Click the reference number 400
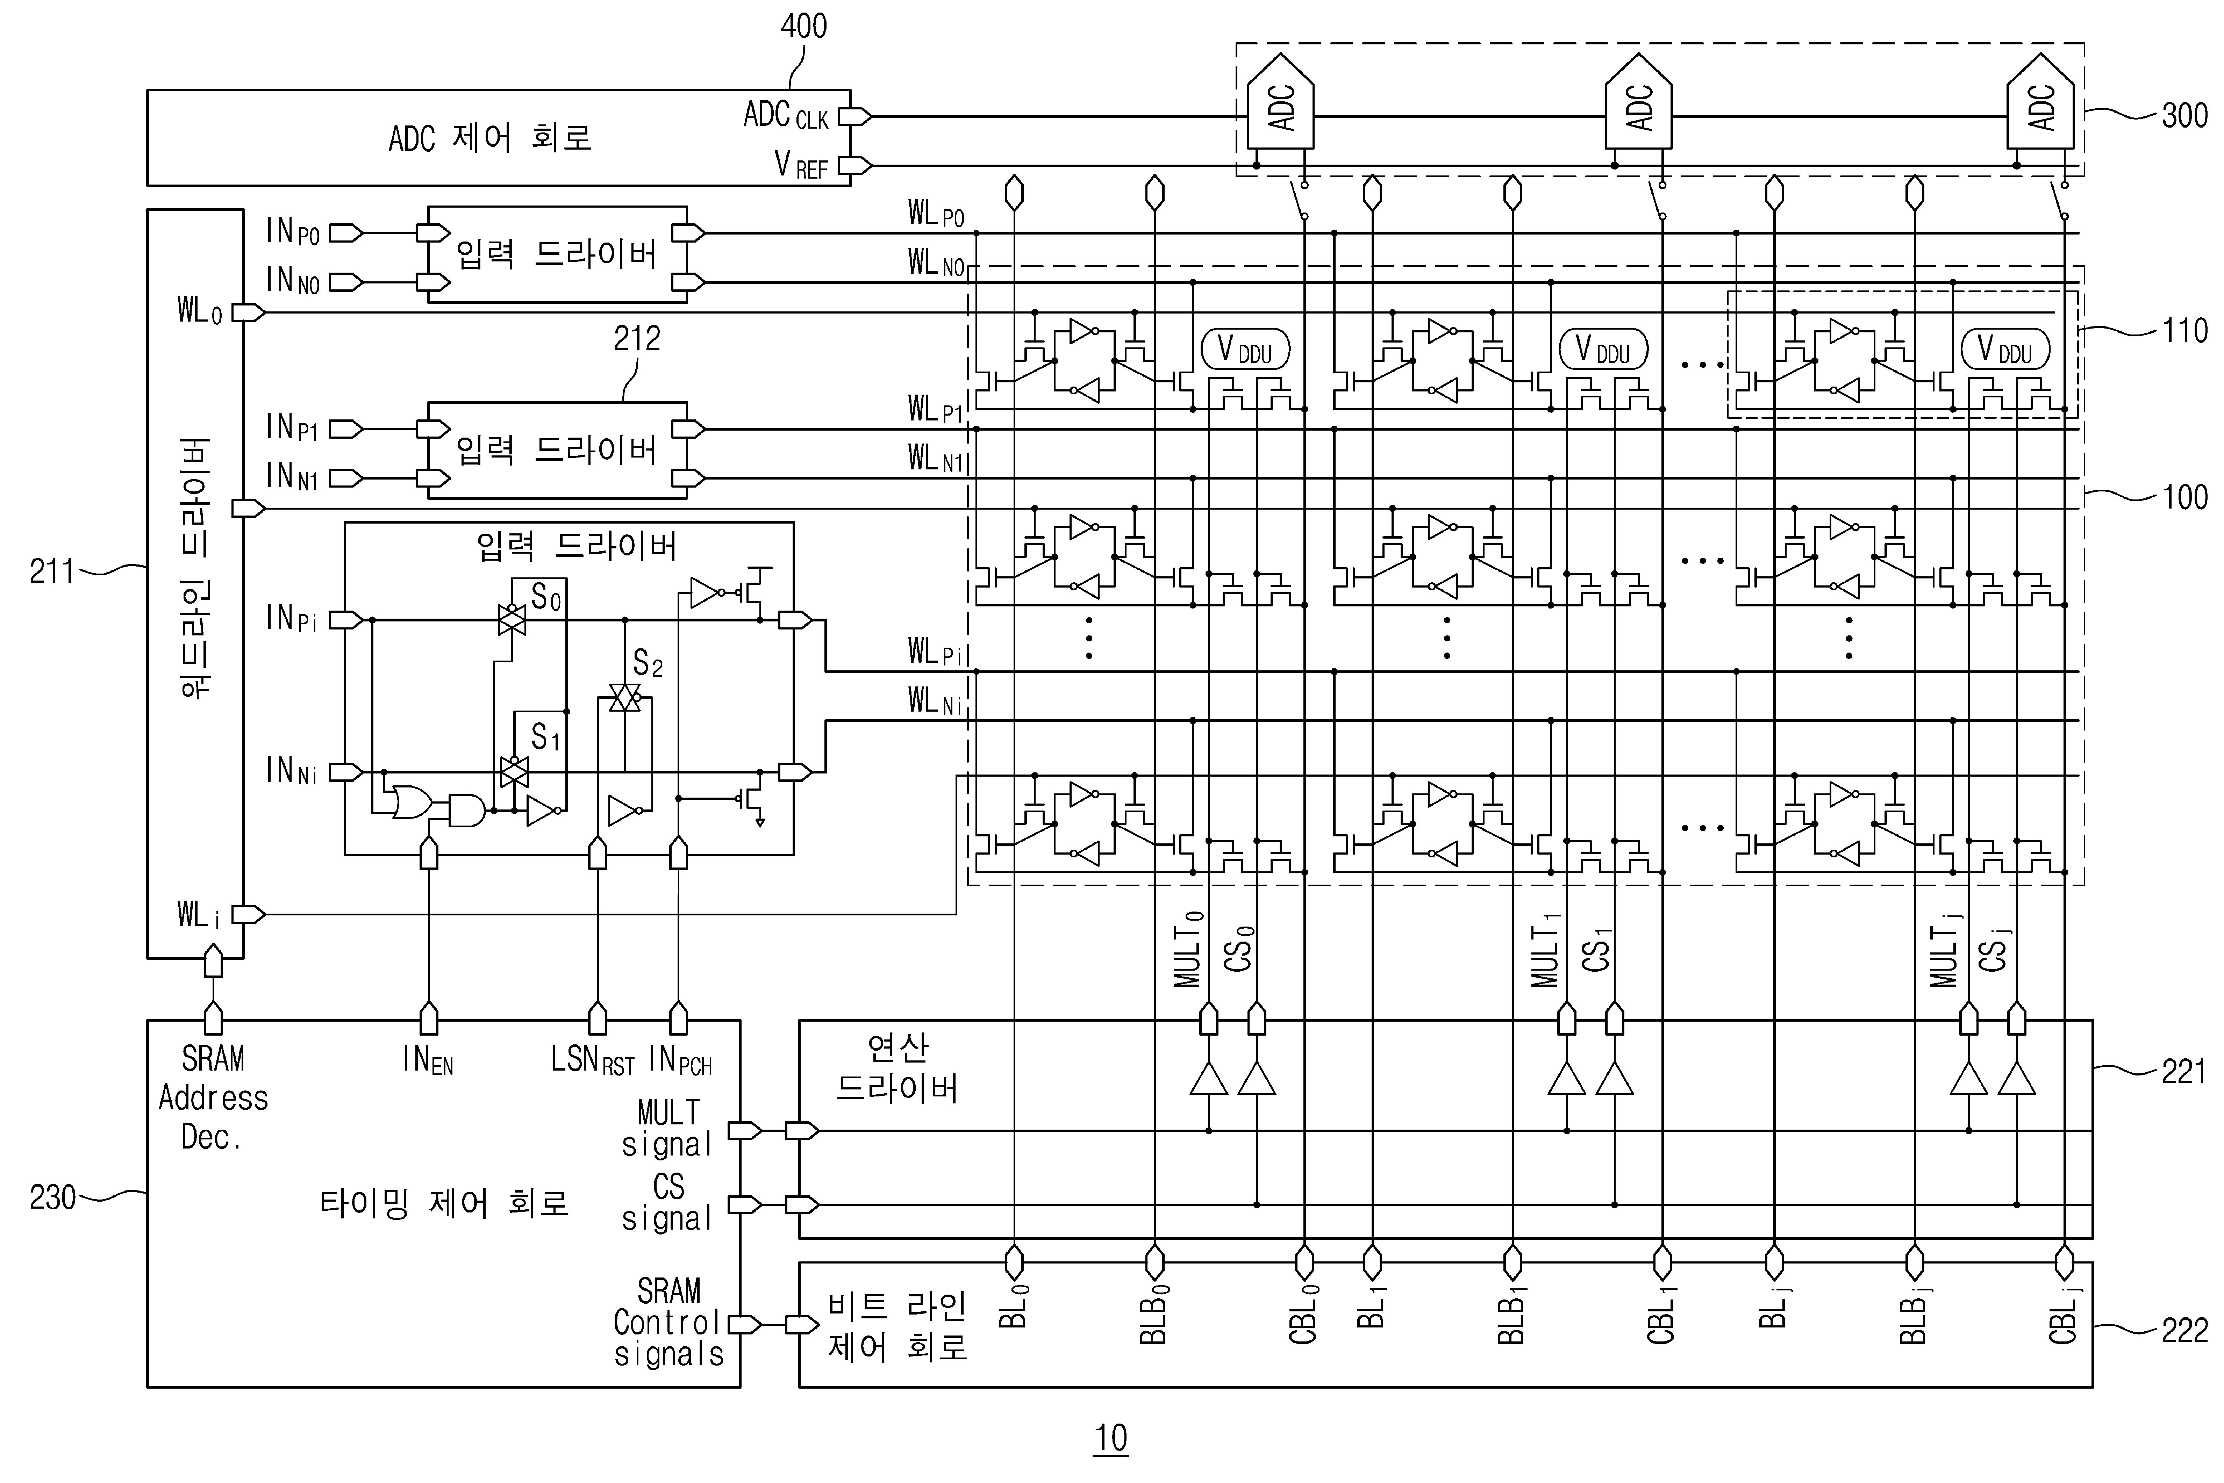(803, 26)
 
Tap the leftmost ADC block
(1280, 104)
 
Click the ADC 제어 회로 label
(490, 138)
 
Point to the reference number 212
(637, 338)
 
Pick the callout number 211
(52, 571)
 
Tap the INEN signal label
(428, 1060)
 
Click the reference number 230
(52, 1197)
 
